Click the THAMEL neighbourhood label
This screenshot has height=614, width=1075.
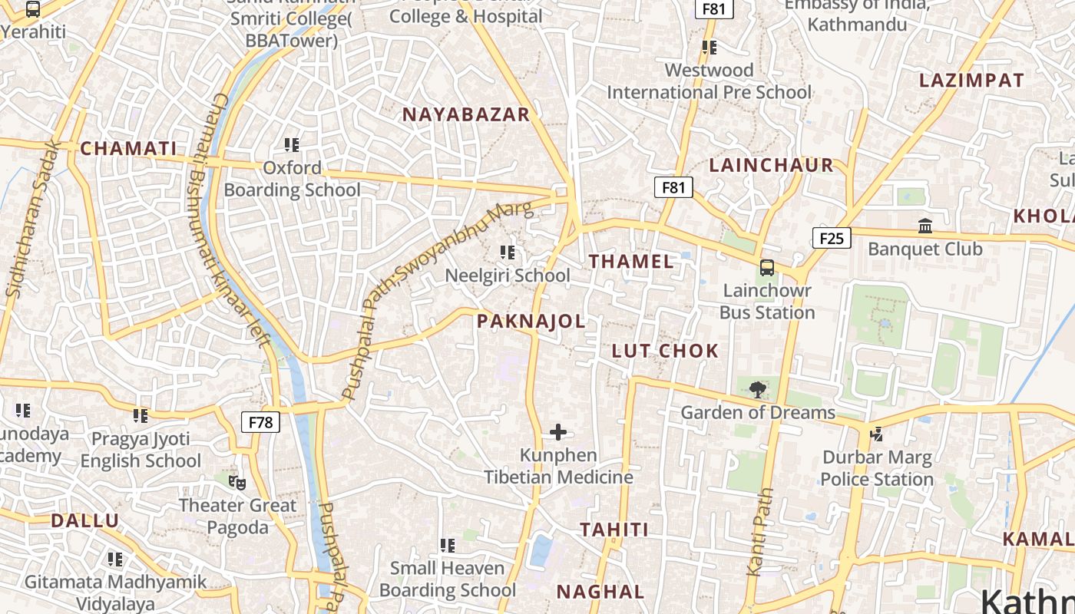(x=631, y=262)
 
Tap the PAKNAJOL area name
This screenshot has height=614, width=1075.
(x=531, y=322)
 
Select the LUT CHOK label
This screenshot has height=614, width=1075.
(x=665, y=352)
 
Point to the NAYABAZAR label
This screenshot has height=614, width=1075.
(x=466, y=115)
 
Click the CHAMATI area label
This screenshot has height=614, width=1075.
(x=128, y=149)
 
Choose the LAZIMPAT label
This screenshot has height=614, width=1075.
(x=971, y=81)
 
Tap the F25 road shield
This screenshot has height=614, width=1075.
(x=832, y=238)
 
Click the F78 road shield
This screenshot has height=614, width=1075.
(x=261, y=422)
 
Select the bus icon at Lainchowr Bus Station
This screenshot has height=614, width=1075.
(x=766, y=268)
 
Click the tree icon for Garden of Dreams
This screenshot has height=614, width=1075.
(x=758, y=390)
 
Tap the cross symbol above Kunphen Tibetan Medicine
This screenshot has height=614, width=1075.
(x=558, y=433)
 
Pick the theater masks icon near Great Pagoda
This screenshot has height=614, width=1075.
(x=238, y=483)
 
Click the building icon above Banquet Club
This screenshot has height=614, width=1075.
(x=925, y=226)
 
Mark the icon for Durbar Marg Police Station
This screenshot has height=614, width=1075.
(x=876, y=434)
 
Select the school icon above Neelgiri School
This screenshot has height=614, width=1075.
(x=507, y=253)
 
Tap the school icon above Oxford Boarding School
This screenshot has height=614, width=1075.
(x=291, y=144)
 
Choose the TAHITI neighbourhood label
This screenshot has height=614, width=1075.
(x=614, y=530)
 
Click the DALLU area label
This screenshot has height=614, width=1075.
(x=85, y=521)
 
